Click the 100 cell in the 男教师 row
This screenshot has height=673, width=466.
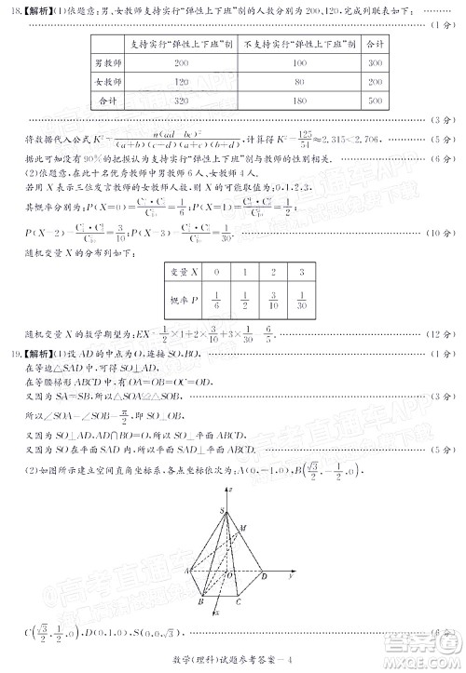(x=298, y=62)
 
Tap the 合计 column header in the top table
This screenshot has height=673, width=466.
(x=375, y=44)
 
